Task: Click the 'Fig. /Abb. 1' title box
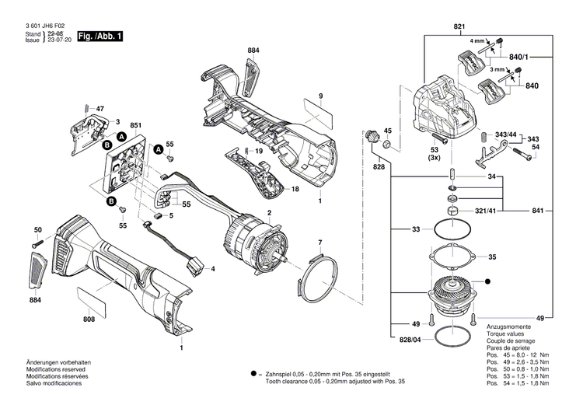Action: click(99, 37)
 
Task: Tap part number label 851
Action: click(136, 125)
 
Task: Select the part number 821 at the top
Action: click(459, 26)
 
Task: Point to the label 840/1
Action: click(518, 57)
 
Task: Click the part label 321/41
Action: click(486, 211)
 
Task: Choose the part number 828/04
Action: click(410, 340)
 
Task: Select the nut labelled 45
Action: click(387, 144)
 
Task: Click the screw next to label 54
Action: click(522, 154)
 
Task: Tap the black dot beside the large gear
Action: click(487, 282)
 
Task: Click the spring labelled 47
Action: click(86, 108)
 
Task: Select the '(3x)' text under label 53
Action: click(434, 158)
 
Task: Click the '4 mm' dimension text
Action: click(477, 40)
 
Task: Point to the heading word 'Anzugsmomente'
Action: click(508, 326)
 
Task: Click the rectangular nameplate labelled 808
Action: click(92, 300)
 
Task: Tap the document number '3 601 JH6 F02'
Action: click(45, 26)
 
